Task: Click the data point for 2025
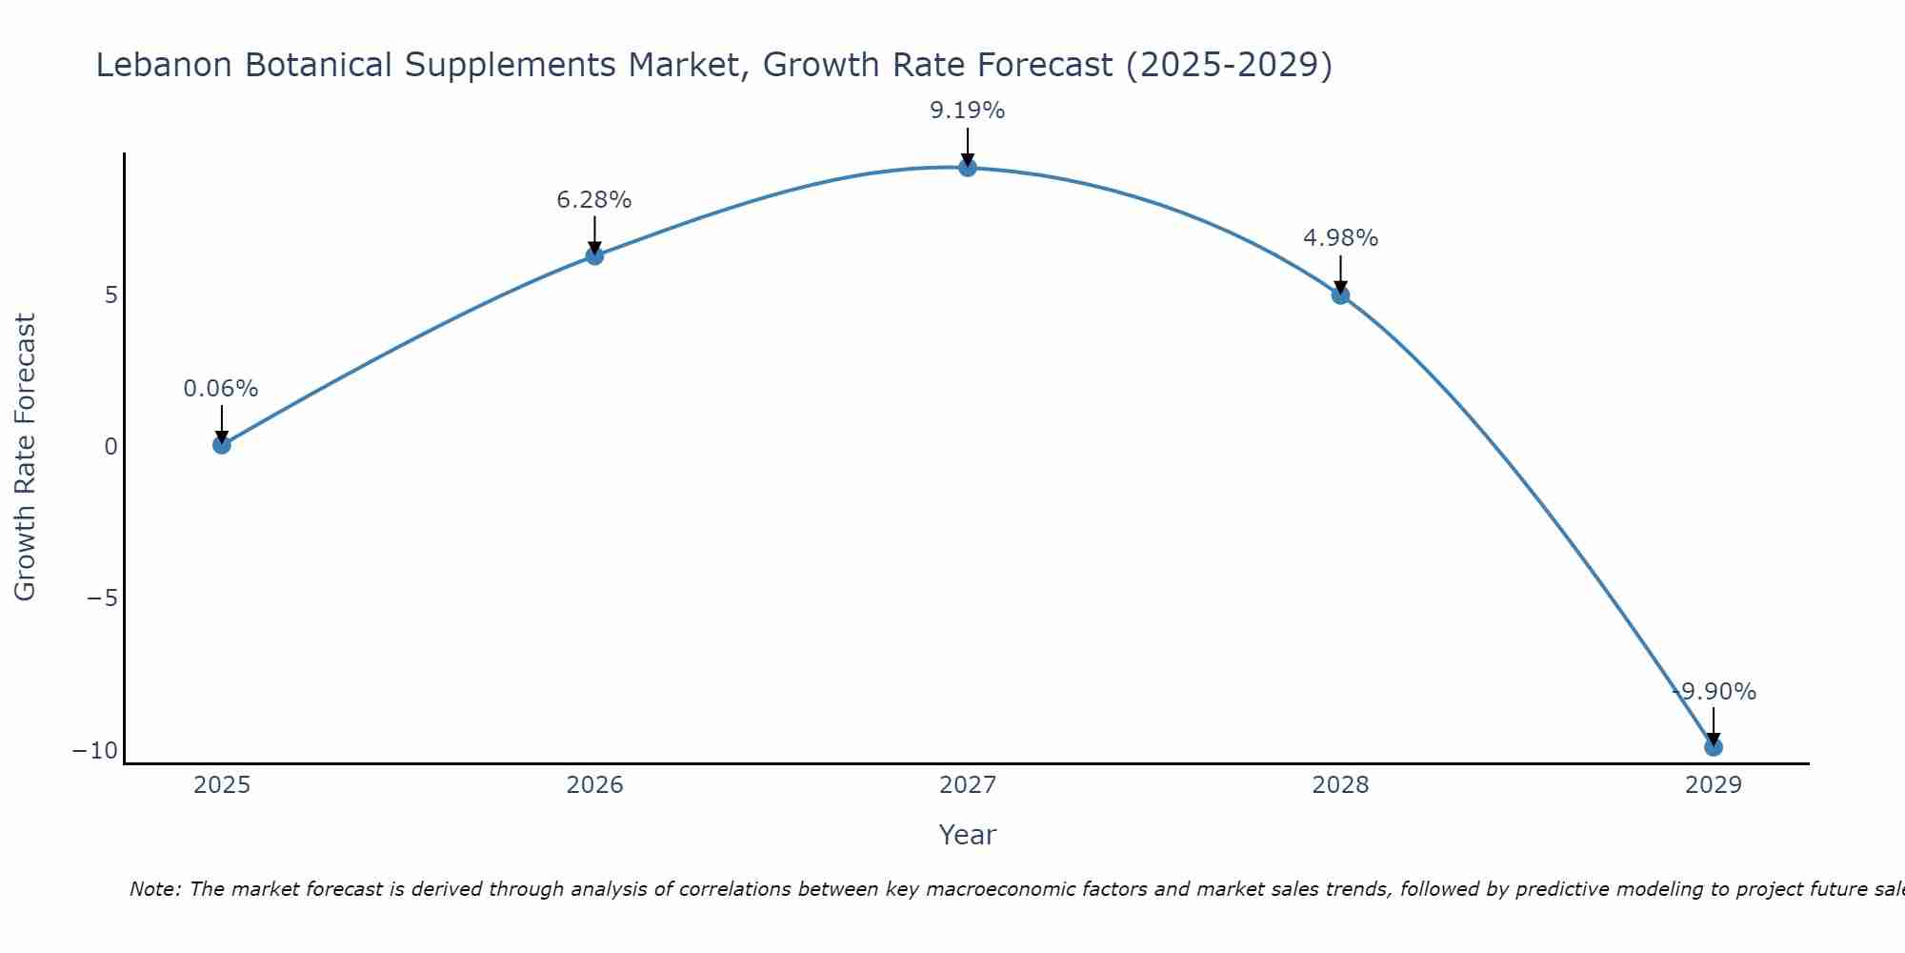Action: [221, 444]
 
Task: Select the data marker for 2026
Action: [594, 255]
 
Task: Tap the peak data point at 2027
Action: [968, 168]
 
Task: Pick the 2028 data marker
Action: [1340, 295]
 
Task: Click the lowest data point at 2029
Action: [1714, 747]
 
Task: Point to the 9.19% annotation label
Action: [968, 111]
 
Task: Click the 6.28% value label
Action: [594, 200]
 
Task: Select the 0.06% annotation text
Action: [221, 389]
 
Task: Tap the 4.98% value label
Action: [1340, 238]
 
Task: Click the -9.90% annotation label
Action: [1714, 692]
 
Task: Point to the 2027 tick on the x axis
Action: [968, 785]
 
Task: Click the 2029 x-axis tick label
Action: [1714, 785]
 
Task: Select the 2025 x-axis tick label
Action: [221, 785]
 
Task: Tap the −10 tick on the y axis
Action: [95, 751]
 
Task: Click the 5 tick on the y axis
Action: [111, 295]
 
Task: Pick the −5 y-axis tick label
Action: [102, 598]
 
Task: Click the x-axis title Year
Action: [968, 835]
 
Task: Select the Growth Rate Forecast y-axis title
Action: [25, 457]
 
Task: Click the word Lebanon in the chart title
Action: [164, 65]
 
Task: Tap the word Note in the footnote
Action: [153, 889]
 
